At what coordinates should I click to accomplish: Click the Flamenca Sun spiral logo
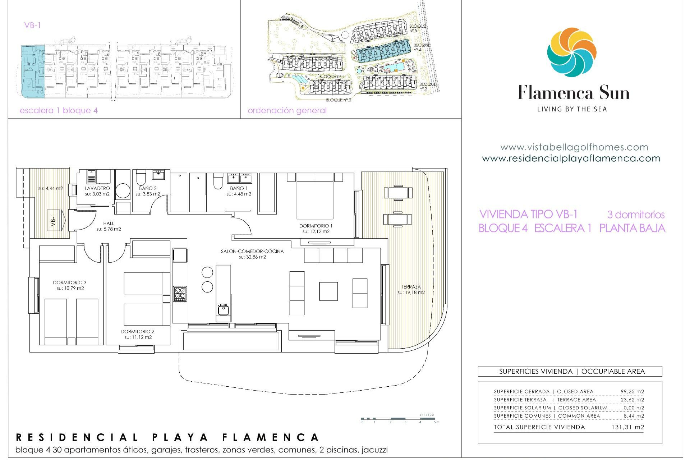[571, 52]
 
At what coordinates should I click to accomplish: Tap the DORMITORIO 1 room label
[316, 226]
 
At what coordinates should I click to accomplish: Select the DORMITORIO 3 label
[70, 283]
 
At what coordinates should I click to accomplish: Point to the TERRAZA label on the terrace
[411, 287]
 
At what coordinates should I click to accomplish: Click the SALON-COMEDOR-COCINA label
[252, 252]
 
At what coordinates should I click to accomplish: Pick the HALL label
[109, 224]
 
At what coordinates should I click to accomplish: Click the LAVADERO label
[97, 188]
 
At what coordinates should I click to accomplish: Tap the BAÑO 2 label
[148, 188]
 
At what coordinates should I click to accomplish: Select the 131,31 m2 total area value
[627, 427]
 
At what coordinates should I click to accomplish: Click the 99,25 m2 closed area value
[632, 392]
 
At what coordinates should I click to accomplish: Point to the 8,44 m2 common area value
[634, 416]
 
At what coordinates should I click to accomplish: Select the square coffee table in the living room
[328, 291]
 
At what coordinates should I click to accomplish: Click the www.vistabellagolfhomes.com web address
[574, 147]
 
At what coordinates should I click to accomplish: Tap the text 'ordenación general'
[287, 111]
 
